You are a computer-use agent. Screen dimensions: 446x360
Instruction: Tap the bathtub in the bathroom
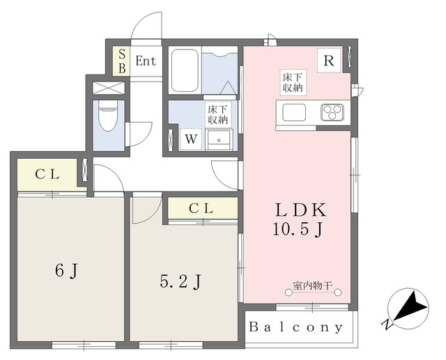point(185,70)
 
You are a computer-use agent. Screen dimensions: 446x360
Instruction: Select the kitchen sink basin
point(294,112)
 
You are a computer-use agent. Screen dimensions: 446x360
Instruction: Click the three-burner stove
point(332,112)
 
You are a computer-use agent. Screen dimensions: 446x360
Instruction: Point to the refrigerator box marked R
point(329,61)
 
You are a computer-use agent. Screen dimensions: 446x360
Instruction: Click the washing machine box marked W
point(191,139)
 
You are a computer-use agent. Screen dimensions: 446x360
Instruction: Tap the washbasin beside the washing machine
point(219,139)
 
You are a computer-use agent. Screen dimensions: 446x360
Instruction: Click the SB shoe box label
point(122,61)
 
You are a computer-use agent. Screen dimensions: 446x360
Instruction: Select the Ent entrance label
point(146,61)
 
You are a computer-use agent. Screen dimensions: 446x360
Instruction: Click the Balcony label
point(295,327)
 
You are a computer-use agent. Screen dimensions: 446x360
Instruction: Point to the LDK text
point(300,210)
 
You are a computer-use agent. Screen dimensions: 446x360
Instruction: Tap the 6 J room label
point(67,270)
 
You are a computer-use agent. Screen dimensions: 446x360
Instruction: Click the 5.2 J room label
point(181,282)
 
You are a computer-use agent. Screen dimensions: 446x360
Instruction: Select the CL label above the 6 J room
point(47,175)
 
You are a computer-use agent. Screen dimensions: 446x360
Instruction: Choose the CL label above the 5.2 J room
point(201,209)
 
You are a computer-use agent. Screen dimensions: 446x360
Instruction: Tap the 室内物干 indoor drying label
point(313,285)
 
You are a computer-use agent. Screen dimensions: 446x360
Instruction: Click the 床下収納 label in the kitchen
point(293,82)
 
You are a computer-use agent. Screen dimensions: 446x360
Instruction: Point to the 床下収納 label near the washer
point(218,115)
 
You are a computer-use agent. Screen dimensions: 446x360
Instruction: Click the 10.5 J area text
point(298,230)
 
